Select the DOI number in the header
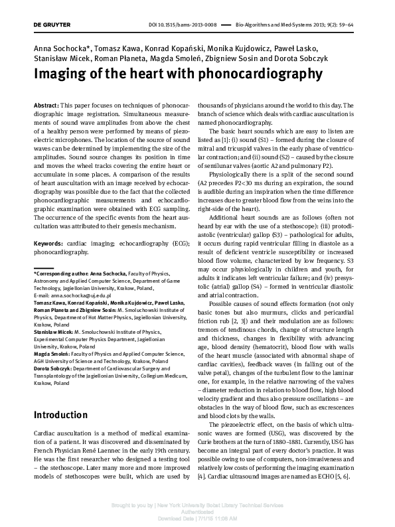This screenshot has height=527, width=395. pos(190,25)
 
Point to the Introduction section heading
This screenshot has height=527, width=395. pos(60,415)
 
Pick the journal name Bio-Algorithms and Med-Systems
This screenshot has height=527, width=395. pos(276,25)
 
